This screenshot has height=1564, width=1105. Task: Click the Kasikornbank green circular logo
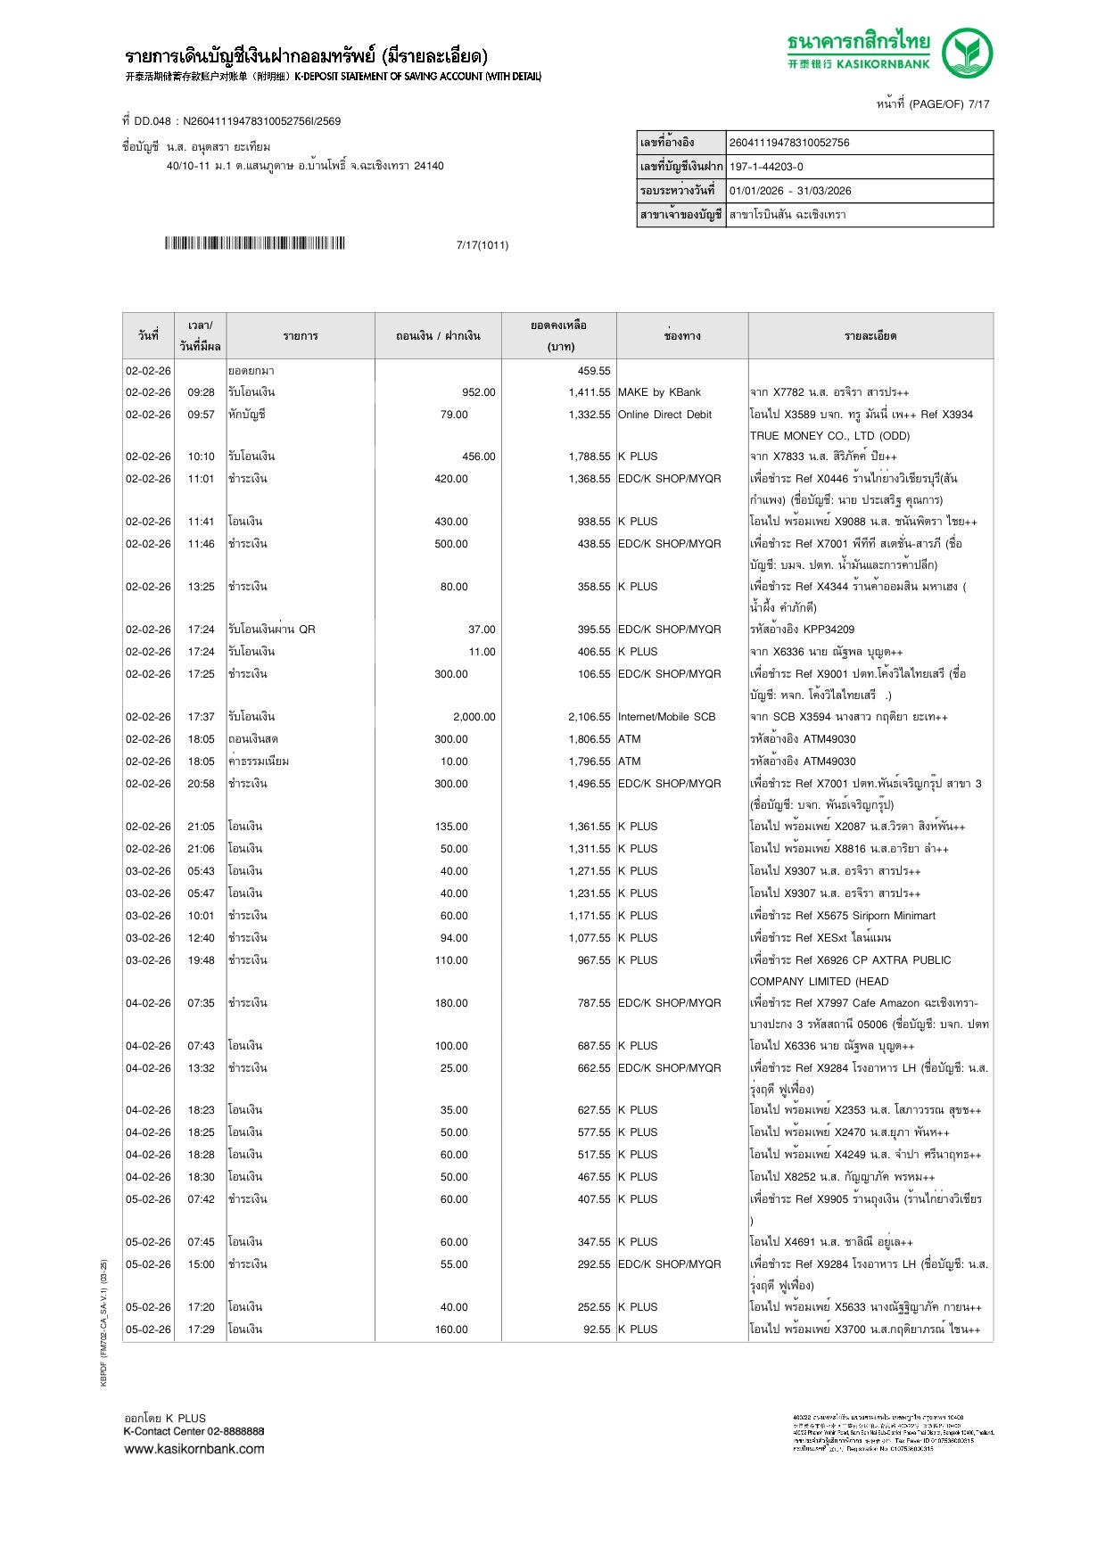click(x=968, y=53)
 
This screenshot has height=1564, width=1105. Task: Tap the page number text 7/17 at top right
click(x=978, y=104)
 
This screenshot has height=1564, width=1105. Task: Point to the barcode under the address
click(x=254, y=243)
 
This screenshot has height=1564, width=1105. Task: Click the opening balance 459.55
click(x=594, y=371)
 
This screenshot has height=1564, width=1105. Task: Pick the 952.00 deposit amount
click(x=479, y=392)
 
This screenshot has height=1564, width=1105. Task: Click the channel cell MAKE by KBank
click(x=659, y=392)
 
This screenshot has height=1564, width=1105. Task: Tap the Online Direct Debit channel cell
click(x=664, y=415)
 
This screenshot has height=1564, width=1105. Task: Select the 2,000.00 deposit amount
click(x=474, y=717)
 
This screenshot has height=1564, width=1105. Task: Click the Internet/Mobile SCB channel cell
click(x=666, y=717)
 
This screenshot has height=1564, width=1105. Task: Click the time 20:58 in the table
click(x=201, y=784)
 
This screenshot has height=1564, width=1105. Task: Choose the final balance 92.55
click(x=597, y=1329)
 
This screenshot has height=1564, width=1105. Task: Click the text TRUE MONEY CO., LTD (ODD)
click(x=829, y=436)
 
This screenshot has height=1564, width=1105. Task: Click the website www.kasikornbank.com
click(x=194, y=1449)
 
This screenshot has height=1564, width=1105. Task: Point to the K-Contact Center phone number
click(x=235, y=1431)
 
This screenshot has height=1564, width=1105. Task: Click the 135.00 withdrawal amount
click(x=451, y=827)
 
